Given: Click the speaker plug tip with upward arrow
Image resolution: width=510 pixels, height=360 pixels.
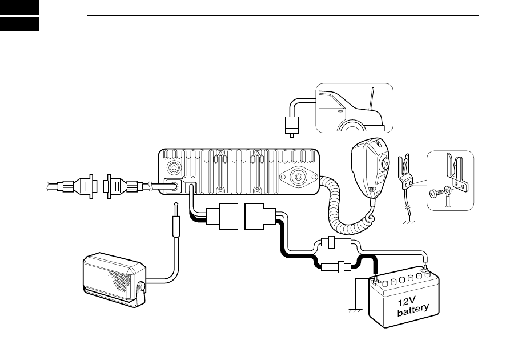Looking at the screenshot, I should (x=178, y=207).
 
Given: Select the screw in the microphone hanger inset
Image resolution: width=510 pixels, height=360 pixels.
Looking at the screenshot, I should (x=435, y=194).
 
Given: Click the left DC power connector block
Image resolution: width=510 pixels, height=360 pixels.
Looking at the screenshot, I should (x=222, y=218).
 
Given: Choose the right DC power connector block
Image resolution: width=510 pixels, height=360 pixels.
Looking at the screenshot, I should (x=260, y=218).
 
